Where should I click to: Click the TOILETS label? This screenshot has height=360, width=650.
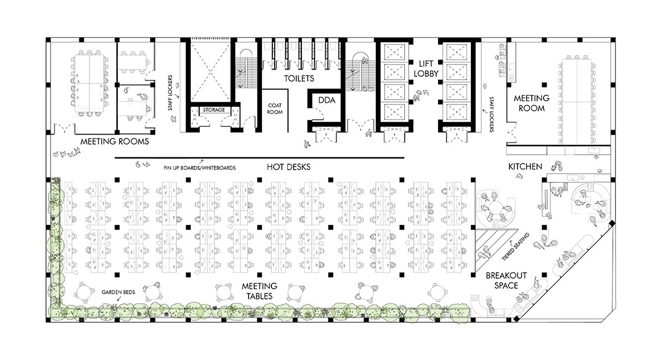(x=299, y=78)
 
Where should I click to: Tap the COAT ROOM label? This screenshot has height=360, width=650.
(x=275, y=109)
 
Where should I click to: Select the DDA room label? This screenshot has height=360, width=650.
(x=326, y=100)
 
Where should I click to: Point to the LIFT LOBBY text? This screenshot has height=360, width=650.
(x=426, y=68)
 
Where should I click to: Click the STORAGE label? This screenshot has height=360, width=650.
(x=214, y=110)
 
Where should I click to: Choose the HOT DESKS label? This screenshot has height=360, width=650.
(x=289, y=167)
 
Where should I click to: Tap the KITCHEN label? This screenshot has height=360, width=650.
(x=525, y=166)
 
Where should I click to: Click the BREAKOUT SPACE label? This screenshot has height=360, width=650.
(x=506, y=280)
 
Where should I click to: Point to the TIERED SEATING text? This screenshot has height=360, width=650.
(x=515, y=247)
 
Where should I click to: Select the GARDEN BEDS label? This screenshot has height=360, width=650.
(x=118, y=292)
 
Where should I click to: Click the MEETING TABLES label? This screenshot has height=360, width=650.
(x=260, y=291)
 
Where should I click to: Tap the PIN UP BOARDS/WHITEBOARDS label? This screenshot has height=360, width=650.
(x=200, y=168)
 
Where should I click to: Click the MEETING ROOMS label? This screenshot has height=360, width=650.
(x=115, y=141)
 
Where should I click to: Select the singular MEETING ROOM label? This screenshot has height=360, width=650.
(x=532, y=103)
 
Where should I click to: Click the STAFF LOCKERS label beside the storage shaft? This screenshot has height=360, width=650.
(x=170, y=92)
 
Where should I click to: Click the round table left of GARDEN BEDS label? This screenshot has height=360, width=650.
(x=83, y=293)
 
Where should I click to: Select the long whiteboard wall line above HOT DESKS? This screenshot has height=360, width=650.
(x=259, y=157)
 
